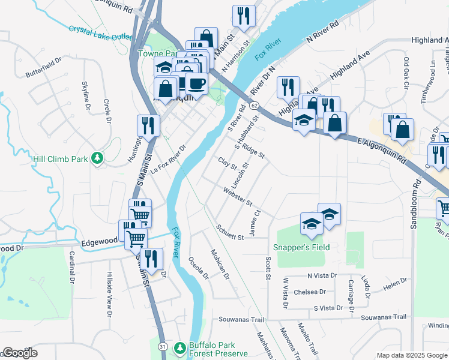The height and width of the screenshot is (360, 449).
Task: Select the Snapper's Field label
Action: (301, 247)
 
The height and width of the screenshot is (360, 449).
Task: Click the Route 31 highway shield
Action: (162, 347)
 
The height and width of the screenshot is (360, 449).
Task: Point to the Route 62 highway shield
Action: (255, 106)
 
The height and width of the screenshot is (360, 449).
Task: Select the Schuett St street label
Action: (230, 234)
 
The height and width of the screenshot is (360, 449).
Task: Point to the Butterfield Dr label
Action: (43, 68)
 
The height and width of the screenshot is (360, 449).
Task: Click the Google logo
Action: (20, 353)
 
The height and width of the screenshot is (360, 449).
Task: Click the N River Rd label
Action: (322, 35)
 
